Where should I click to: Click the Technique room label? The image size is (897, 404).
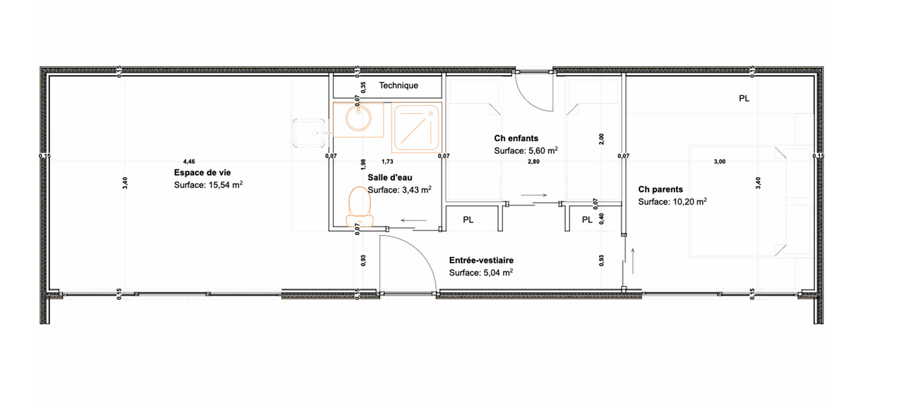pos(398,86)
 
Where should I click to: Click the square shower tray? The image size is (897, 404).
pos(416,127)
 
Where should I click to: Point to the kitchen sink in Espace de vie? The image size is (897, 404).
pos(308,133)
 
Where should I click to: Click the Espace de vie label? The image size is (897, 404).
pos(202,173)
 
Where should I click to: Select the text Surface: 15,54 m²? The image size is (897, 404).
pos(208,185)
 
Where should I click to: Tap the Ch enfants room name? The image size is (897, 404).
pos(516,138)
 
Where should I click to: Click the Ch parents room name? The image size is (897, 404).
pos(660,189)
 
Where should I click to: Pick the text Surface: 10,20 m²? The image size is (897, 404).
pos(672,202)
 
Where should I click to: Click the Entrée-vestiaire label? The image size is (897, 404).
pos(481,260)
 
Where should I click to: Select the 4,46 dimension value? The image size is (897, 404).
pos(189,162)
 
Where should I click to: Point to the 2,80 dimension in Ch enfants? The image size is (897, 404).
pos(533,162)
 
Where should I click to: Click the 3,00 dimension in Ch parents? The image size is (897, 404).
pos(719,162)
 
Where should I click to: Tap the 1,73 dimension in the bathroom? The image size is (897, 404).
pos(387,162)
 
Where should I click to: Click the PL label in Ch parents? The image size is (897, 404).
pos(744,99)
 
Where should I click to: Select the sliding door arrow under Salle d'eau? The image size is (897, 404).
pos(414,220)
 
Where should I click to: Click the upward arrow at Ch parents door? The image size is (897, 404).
pos(633,261)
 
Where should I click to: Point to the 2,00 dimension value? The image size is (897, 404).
pos(601,139)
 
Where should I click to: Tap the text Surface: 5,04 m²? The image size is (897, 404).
pos(481,273)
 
